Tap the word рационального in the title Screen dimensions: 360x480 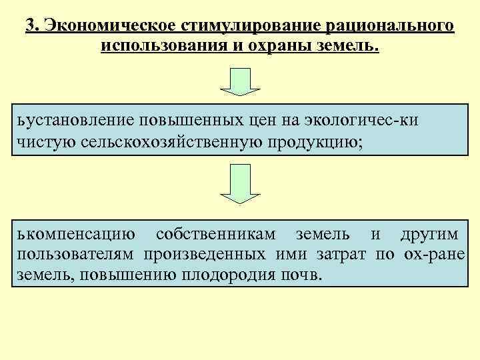(x=390, y=26)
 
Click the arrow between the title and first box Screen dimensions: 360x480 (x=240, y=81)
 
